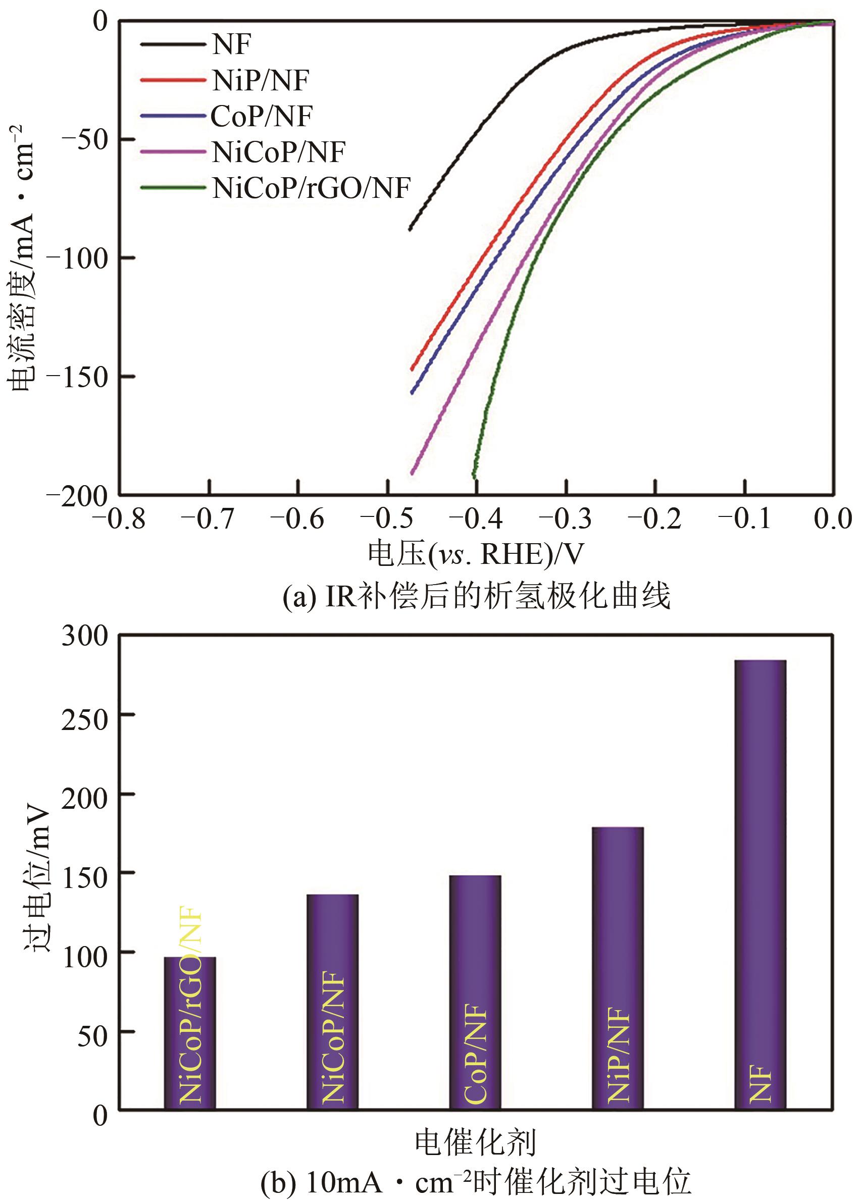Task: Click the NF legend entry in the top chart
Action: coord(231,44)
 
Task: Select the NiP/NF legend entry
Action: coord(260,80)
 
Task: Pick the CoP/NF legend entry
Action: coord(262,117)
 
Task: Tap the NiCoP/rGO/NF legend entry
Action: coord(311,188)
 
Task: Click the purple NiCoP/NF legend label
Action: coord(279,152)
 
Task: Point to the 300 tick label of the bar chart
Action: coord(85,635)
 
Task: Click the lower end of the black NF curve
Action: coord(410,229)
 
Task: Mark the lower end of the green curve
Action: coord(475,478)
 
